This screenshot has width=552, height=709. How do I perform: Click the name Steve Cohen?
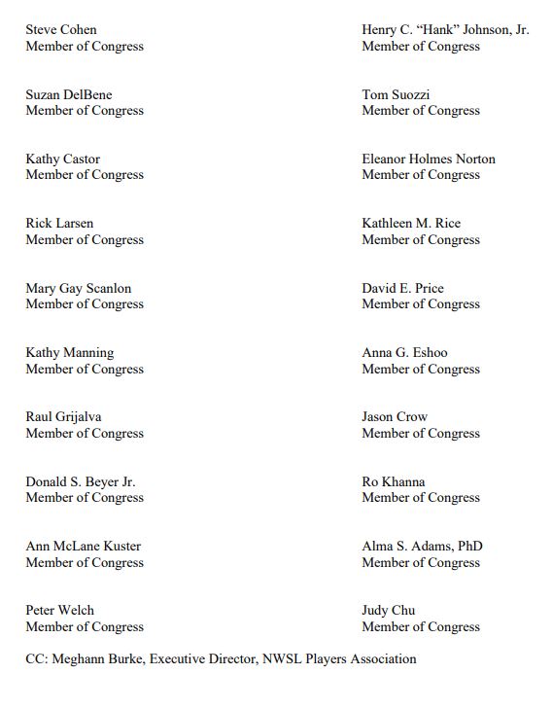click(61, 30)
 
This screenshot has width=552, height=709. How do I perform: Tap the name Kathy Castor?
click(62, 160)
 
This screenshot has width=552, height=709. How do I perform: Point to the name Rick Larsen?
click(59, 224)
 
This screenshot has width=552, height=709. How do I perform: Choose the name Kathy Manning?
click(69, 353)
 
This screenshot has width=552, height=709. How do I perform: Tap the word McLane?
click(76, 547)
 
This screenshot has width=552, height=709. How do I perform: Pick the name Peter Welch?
click(59, 611)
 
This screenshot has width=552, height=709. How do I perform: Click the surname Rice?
click(448, 224)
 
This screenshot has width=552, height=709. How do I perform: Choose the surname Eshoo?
click(430, 353)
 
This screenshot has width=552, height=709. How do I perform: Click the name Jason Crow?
click(395, 417)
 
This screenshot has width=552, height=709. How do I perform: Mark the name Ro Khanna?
click(394, 482)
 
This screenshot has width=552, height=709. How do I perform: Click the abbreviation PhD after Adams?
click(469, 547)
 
